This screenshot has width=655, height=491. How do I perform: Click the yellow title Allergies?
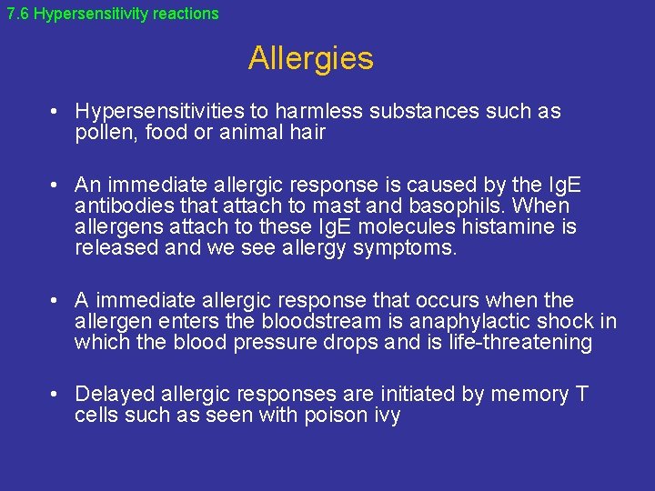tap(310, 59)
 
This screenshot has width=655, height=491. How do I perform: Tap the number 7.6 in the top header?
tap(17, 14)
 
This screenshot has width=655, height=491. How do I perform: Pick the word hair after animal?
tap(307, 133)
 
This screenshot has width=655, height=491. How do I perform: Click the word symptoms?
tap(405, 249)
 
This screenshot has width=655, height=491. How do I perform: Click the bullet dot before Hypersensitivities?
tap(55, 112)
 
